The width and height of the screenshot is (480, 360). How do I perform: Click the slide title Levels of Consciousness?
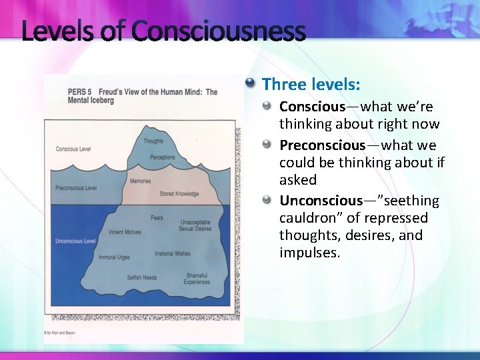click(x=163, y=31)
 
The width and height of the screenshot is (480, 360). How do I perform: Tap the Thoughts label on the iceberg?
click(x=153, y=141)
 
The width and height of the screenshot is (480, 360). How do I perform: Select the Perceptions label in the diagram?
click(x=163, y=158)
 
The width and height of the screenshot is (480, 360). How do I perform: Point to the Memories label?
click(x=141, y=181)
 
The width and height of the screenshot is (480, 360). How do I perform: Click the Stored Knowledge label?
click(x=179, y=194)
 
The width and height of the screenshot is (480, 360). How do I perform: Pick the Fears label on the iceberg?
click(x=157, y=218)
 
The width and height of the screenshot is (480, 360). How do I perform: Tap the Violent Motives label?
click(x=125, y=233)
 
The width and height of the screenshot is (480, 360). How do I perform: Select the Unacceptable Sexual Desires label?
click(x=195, y=226)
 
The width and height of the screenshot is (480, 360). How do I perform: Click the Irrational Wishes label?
click(x=173, y=254)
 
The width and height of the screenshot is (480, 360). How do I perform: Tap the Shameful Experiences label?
click(x=197, y=279)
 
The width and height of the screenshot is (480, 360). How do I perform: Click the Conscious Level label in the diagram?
click(x=73, y=149)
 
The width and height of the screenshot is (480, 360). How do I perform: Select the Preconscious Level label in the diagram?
click(x=76, y=188)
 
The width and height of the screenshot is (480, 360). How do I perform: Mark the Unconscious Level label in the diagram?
click(x=75, y=241)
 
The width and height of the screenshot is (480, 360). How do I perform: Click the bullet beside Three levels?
click(x=250, y=84)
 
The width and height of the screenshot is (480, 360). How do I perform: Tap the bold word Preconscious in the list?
click(x=322, y=145)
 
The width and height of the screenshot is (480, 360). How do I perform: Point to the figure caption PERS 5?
click(x=79, y=92)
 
